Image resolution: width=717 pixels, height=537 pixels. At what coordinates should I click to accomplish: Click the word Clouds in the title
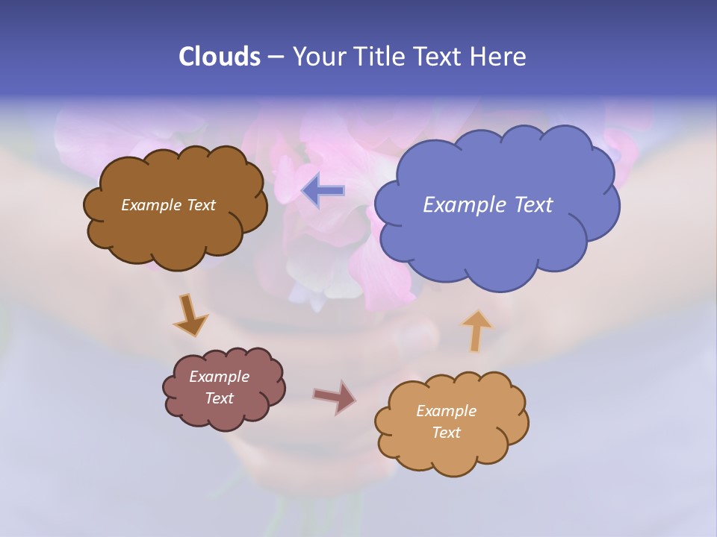pos(219,57)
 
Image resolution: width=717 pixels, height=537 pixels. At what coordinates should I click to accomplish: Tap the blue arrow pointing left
pos(323,191)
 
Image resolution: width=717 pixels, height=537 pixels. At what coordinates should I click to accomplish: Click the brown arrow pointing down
pos(190,315)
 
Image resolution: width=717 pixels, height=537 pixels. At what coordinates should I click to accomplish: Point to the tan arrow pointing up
pos(477,330)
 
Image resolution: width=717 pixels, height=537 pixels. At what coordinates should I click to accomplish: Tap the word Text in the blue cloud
pos(533,205)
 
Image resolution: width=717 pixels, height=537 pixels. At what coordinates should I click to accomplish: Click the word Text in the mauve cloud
pos(220,398)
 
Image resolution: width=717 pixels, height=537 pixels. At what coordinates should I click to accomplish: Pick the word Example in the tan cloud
pos(446,411)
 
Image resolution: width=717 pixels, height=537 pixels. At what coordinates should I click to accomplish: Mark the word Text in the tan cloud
pos(446,433)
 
